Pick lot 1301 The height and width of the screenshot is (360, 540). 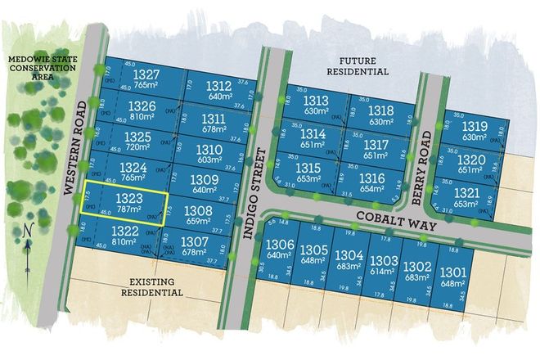[x=452, y=276]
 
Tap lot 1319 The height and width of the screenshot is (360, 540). [x=475, y=131]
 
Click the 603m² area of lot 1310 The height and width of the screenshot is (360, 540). [x=209, y=161]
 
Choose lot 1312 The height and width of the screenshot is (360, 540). [x=219, y=90]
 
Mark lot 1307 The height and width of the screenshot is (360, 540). [x=194, y=246]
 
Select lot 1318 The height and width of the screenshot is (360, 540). [x=380, y=115]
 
